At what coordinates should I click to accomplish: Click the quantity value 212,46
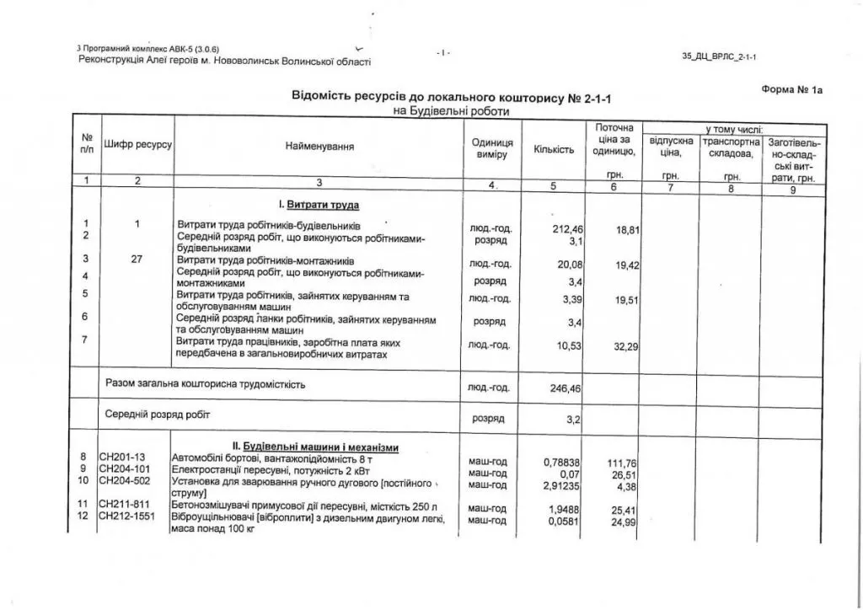coord(568,228)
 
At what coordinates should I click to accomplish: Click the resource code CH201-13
coord(122,457)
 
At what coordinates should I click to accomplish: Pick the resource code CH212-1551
coord(126,516)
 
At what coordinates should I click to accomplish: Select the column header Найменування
coord(319,147)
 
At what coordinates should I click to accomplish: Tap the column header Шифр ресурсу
coord(137,145)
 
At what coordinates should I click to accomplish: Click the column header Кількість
coord(554,150)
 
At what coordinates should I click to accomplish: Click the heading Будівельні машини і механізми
coord(315,446)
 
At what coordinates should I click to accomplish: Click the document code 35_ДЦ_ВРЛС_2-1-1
coord(719,56)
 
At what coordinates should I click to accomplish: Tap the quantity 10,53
coord(571,346)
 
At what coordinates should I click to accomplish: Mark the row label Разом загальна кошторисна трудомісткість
coord(205,384)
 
